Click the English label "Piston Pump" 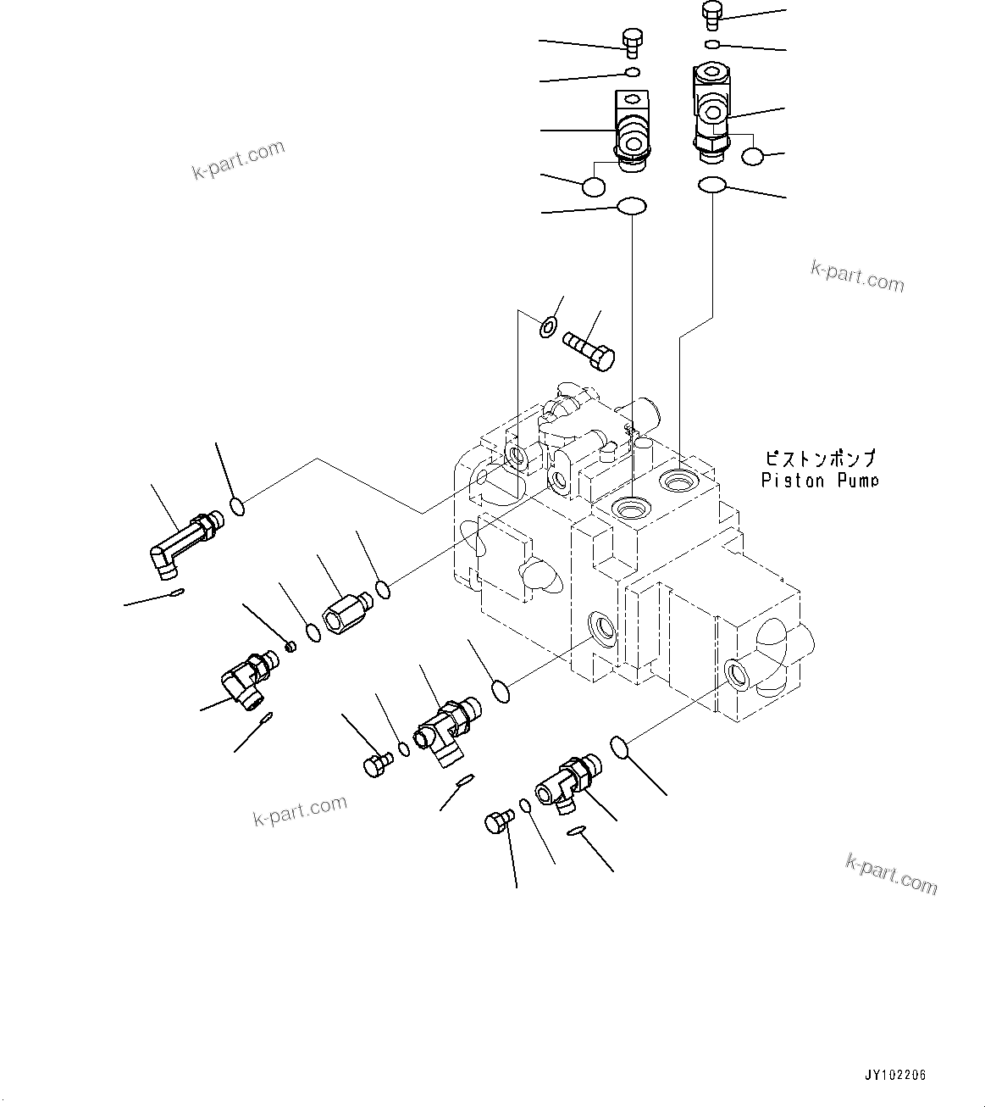pyautogui.click(x=819, y=481)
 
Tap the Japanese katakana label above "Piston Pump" pyautogui.click(x=819, y=459)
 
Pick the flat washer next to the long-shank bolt pyautogui.click(x=549, y=325)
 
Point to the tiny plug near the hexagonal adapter pyautogui.click(x=291, y=648)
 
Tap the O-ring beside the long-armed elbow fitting pyautogui.click(x=238, y=507)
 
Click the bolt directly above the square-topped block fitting pyautogui.click(x=631, y=42)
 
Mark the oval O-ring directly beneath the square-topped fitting pyautogui.click(x=632, y=206)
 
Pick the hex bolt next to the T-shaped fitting pyautogui.click(x=375, y=765)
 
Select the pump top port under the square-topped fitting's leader pyautogui.click(x=632, y=509)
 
